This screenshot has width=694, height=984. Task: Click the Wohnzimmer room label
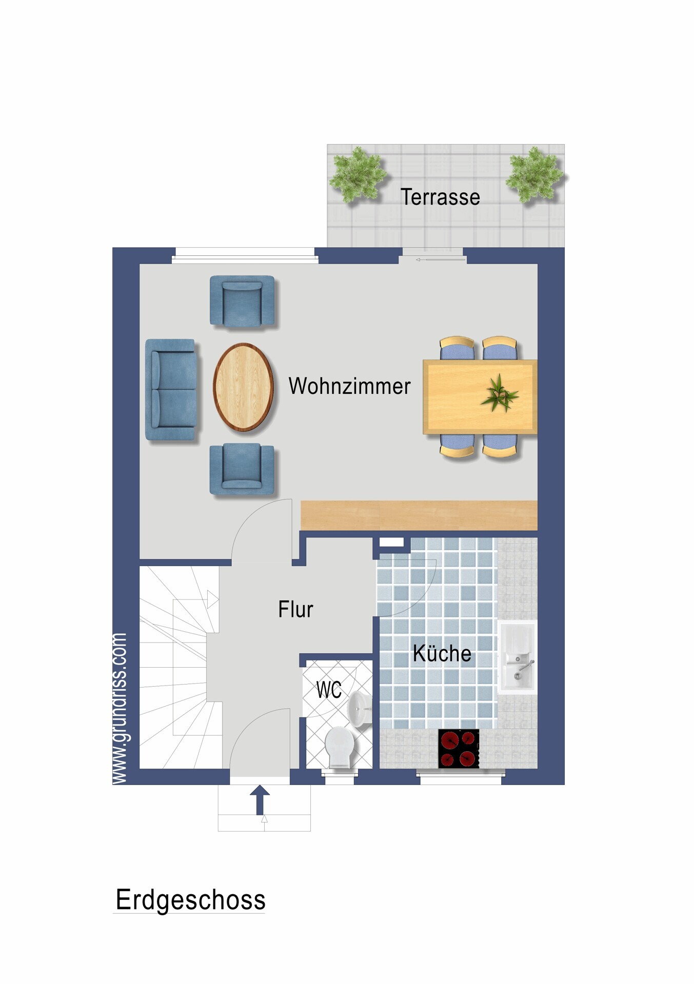click(x=349, y=386)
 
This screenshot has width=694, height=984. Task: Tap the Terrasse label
click(x=440, y=197)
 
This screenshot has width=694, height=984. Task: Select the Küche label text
click(x=442, y=654)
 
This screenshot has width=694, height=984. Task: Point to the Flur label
click(x=295, y=609)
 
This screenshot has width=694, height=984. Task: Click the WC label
click(x=328, y=690)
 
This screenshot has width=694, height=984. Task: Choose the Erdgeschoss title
click(x=190, y=900)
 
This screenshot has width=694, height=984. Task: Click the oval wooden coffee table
click(x=243, y=387)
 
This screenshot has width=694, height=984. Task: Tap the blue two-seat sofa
click(x=171, y=389)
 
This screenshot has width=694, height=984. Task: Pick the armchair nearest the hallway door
click(x=242, y=469)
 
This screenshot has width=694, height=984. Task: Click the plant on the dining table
click(x=499, y=394)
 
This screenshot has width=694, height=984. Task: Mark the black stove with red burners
click(x=459, y=748)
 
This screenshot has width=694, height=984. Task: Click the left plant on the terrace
click(x=358, y=174)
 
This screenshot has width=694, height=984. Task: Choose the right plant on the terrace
click(x=534, y=174)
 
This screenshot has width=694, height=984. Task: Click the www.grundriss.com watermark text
click(x=119, y=708)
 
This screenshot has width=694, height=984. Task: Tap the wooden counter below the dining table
click(x=419, y=515)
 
